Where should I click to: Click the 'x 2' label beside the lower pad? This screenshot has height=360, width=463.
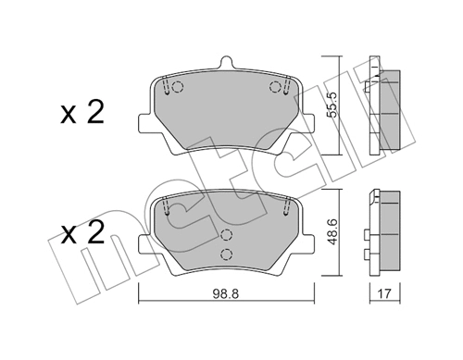81,230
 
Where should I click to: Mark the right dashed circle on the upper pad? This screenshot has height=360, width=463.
274,88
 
